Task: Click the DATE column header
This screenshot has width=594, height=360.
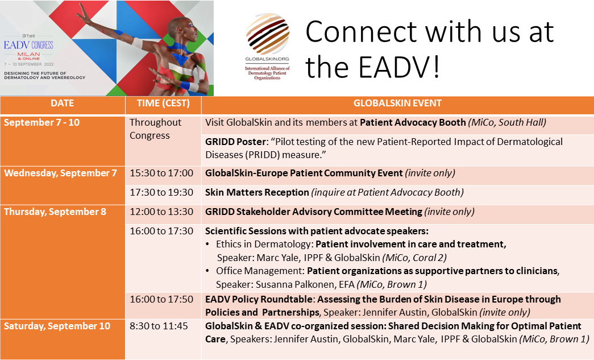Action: [x=62, y=103]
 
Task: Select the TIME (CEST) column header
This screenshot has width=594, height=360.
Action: [x=163, y=103]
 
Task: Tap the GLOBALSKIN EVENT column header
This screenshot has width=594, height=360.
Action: [x=397, y=103]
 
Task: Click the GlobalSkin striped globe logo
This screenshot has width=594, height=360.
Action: [x=268, y=34]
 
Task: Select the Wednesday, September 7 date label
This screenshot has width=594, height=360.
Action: [x=60, y=173]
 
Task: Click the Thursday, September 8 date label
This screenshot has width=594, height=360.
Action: [x=55, y=212]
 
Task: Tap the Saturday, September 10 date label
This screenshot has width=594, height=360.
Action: [x=57, y=326]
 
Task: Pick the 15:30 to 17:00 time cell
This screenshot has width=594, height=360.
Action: [x=161, y=173]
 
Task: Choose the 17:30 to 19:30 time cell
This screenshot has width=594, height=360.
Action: [x=161, y=192]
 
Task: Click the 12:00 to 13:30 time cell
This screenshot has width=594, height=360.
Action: [x=161, y=212]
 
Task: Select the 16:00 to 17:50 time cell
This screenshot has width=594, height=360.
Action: [x=161, y=299]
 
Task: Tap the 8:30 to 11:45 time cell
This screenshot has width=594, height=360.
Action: [x=159, y=326]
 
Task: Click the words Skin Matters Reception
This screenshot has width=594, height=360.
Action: [x=257, y=192]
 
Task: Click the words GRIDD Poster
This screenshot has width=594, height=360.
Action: [x=236, y=142]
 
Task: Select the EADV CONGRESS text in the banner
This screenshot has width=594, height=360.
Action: [x=28, y=45]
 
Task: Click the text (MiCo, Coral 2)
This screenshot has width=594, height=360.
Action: [x=414, y=258]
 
